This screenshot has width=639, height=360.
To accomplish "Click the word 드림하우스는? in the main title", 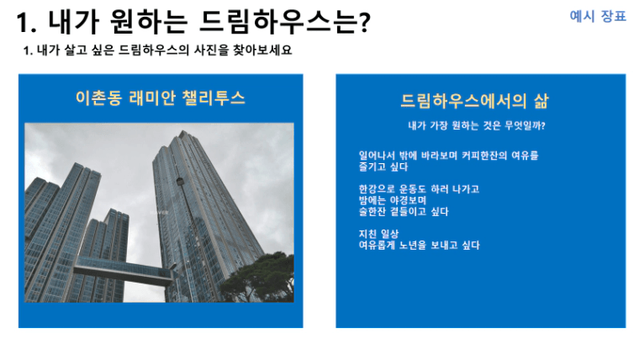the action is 284,22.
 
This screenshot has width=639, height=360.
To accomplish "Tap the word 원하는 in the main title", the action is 148,22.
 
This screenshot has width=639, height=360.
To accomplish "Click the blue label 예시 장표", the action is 598,16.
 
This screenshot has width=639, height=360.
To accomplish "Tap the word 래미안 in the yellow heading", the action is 152,98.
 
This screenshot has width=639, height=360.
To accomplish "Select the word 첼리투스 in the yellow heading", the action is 214,98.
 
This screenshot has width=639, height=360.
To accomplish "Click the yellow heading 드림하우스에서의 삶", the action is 474,101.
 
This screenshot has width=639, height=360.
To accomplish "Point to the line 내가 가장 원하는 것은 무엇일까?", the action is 477,125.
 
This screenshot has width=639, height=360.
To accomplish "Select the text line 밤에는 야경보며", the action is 393,200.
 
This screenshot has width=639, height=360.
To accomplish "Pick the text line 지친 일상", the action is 378,234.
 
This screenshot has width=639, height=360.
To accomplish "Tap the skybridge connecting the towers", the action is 122,270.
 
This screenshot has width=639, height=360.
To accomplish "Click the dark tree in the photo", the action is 261,278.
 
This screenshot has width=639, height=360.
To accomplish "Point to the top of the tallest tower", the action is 182,131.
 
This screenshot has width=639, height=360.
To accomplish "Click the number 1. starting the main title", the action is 27,23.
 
